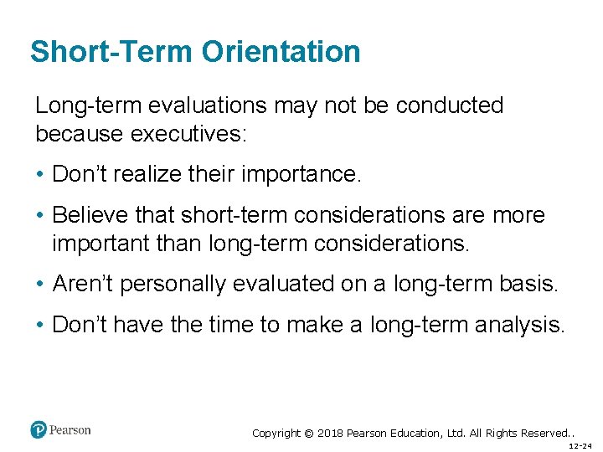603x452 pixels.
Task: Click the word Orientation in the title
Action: pyautogui.click(x=281, y=52)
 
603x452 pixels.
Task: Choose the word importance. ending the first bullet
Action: pyautogui.click(x=301, y=174)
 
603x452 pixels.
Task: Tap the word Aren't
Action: pyautogui.click(x=83, y=284)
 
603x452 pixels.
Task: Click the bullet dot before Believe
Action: pyautogui.click(x=40, y=216)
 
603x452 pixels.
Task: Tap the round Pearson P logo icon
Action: pyautogui.click(x=38, y=430)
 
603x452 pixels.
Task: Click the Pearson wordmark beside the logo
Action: pyautogui.click(x=70, y=430)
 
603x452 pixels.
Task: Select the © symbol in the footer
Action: pyautogui.click(x=308, y=434)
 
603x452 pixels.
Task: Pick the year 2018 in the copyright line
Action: pyautogui.click(x=330, y=434)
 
